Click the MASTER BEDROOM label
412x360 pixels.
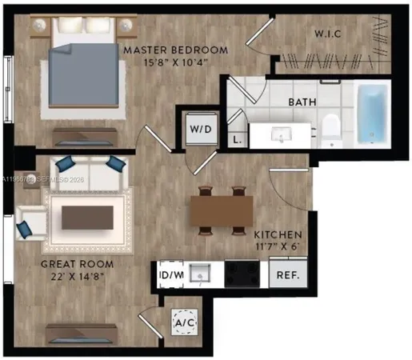coord(175,50)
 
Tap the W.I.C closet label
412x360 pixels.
coord(329,34)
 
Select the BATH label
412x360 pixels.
coord(302,102)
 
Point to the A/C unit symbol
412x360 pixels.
coord(184,322)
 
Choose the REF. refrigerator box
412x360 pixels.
coord(287,275)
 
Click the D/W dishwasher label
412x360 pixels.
coord(170,275)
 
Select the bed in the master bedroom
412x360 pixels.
coord(84,68)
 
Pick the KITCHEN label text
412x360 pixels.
coord(278,235)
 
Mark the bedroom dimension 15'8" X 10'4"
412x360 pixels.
coord(175,62)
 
